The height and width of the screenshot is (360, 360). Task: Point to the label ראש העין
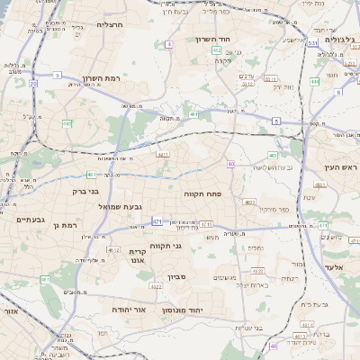pos(341,168)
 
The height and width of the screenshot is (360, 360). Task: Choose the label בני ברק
pos(85,191)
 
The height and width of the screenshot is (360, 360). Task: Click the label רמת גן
pos(64,225)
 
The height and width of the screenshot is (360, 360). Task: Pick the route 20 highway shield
pos(33,84)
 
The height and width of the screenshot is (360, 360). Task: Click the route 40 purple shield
pos(230,164)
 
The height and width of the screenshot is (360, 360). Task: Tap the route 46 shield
pos(274,346)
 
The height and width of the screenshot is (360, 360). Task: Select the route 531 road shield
pos(312,42)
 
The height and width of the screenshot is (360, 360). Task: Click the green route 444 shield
pos(315,81)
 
